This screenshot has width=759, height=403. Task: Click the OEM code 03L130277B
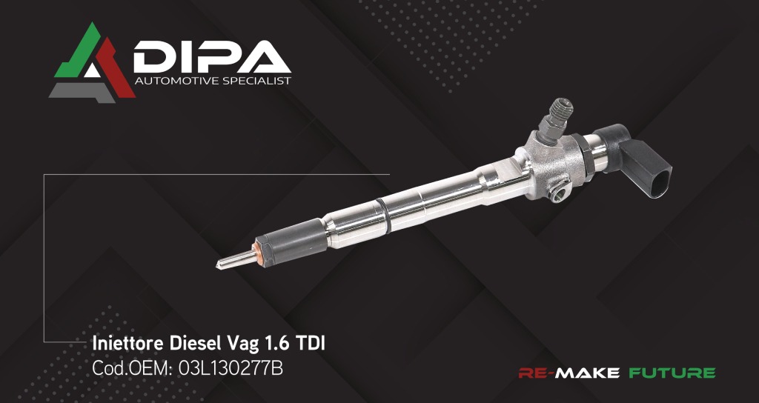[x=231, y=367]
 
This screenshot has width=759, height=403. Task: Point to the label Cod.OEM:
[x=131, y=367]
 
